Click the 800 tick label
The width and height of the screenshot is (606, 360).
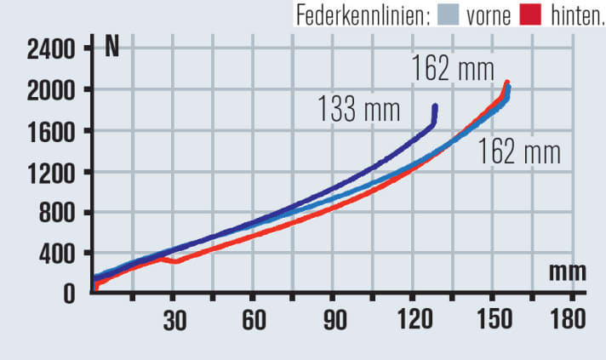(x=53, y=213)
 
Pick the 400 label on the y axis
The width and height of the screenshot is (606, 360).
(x=53, y=254)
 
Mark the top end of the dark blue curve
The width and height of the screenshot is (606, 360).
(x=435, y=106)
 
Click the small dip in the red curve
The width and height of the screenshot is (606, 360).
(x=174, y=261)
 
